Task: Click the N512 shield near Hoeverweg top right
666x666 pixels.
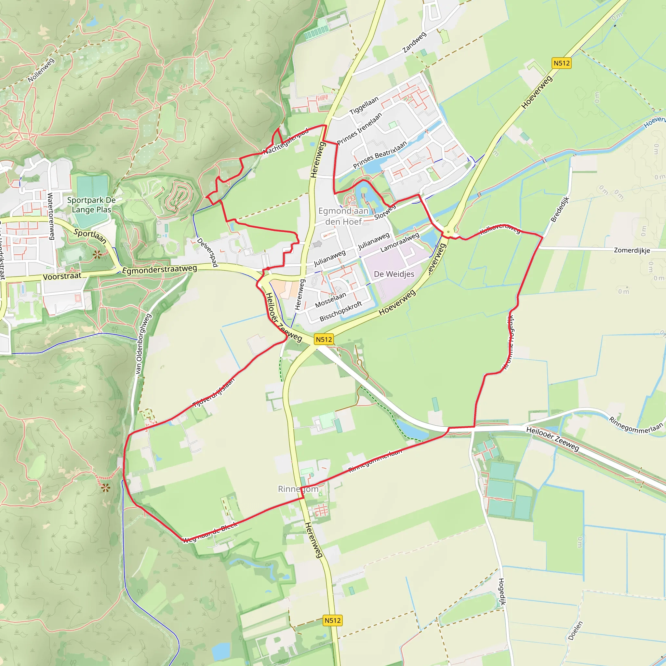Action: click(x=562, y=63)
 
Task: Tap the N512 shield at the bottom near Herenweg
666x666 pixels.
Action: click(x=333, y=620)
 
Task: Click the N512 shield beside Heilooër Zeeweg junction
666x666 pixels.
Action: click(x=324, y=340)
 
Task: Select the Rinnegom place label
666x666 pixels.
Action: click(x=298, y=489)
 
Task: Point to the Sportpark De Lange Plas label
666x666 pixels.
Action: click(x=91, y=205)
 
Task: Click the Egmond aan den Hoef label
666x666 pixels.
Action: click(x=343, y=216)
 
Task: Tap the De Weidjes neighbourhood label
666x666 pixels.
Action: click(x=394, y=274)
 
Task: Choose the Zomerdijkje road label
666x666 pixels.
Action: click(x=632, y=250)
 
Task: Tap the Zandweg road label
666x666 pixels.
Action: click(x=414, y=42)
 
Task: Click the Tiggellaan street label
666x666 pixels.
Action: click(x=364, y=105)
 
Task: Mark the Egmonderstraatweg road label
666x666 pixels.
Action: click(x=160, y=270)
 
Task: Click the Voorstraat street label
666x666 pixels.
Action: click(x=62, y=276)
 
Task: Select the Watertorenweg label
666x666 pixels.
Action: click(x=51, y=216)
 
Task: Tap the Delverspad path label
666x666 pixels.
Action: click(x=207, y=252)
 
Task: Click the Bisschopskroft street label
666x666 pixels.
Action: click(x=340, y=311)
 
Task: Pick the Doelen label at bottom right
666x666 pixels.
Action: click(x=575, y=631)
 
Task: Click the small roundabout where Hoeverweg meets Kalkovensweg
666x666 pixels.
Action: click(x=448, y=232)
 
